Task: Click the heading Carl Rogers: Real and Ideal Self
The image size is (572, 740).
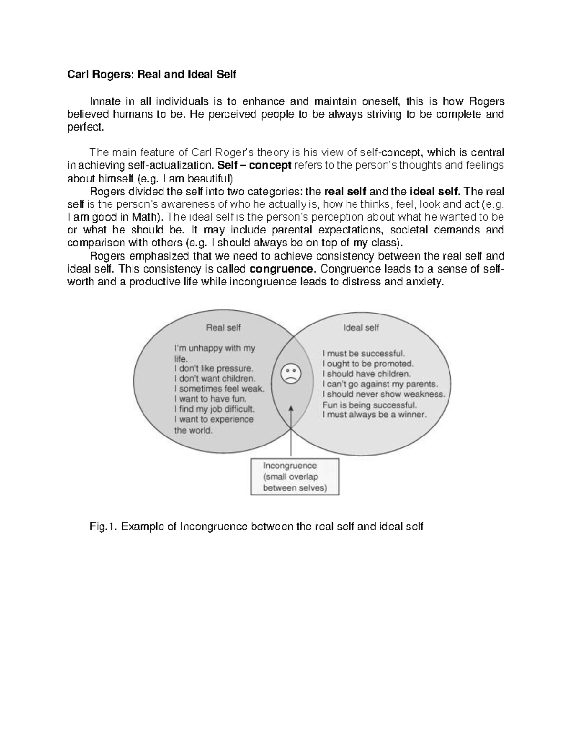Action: [151, 75]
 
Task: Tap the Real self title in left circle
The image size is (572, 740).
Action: [223, 327]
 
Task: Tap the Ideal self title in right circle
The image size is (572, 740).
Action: [361, 327]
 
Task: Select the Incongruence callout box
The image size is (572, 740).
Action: [295, 476]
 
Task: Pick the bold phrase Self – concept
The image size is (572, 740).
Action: [254, 165]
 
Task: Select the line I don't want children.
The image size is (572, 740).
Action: [215, 379]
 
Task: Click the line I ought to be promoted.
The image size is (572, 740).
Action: [368, 364]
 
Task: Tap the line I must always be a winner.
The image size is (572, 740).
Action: [374, 415]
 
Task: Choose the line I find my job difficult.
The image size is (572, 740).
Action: [214, 409]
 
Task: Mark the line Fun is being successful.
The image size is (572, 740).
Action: [369, 405]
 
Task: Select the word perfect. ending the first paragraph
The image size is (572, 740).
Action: [84, 127]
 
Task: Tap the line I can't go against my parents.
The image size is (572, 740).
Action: [380, 384]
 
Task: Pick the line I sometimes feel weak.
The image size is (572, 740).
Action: [219, 389]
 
